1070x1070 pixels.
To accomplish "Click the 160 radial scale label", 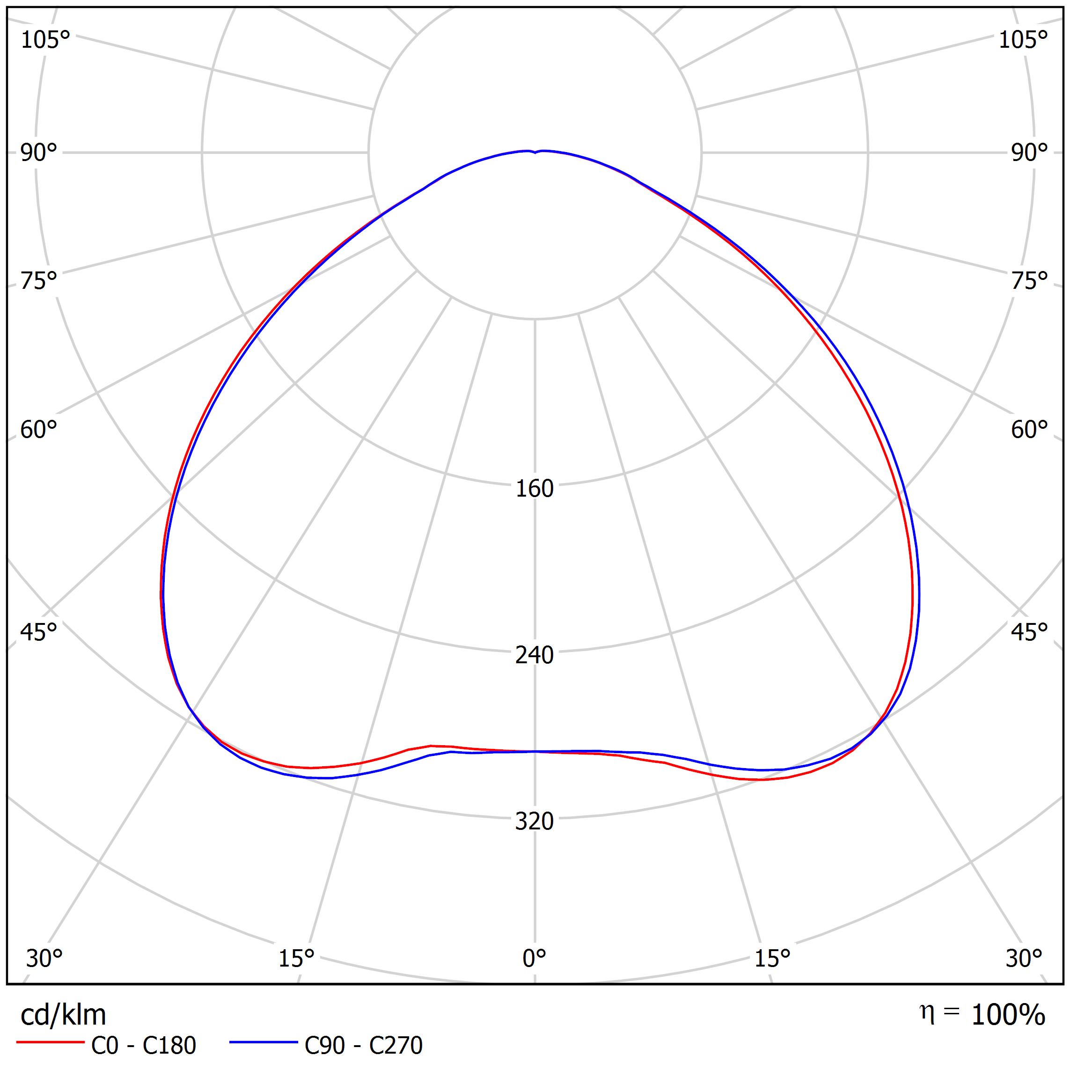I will point(535,489).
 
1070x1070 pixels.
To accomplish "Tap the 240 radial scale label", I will point(535,655).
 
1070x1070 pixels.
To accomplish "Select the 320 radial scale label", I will point(535,821).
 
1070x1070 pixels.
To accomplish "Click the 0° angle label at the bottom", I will point(535,958).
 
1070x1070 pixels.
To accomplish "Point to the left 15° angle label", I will point(296,958).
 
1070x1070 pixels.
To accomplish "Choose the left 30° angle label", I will point(44,958).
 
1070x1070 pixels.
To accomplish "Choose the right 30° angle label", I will point(1024,958).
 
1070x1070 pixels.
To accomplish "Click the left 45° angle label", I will point(39,632).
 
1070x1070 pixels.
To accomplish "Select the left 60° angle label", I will point(39,430).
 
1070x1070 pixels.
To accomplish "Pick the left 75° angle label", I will point(39,281).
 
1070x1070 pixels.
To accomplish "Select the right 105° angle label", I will point(1024,40).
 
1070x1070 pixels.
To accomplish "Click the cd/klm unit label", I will point(63,1015).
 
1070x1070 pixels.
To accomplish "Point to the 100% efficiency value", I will point(1008,1015).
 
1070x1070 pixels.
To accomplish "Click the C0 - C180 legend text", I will point(143,1045).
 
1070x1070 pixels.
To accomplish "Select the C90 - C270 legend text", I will point(363,1045).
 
